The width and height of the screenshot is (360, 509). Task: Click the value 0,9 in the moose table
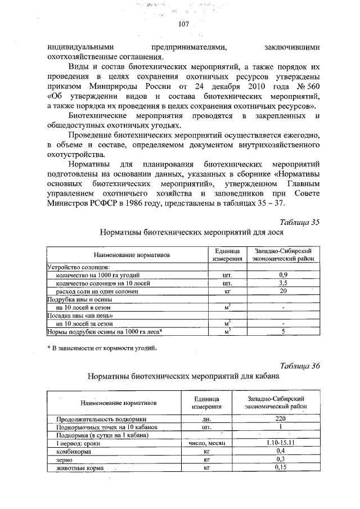283,274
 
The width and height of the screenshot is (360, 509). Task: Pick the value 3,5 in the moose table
283,283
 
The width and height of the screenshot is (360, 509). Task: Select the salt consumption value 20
283,291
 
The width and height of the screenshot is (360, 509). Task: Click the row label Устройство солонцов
78,267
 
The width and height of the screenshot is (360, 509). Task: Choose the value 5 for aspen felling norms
283,332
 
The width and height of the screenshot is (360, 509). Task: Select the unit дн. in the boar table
206,420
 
